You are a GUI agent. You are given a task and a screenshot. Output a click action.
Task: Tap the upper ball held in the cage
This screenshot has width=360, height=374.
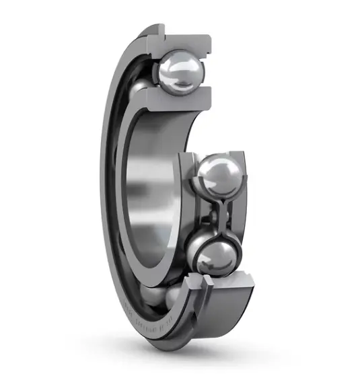click(x=217, y=176)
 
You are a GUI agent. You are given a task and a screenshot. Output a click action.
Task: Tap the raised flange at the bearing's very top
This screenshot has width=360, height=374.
click(x=151, y=30)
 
